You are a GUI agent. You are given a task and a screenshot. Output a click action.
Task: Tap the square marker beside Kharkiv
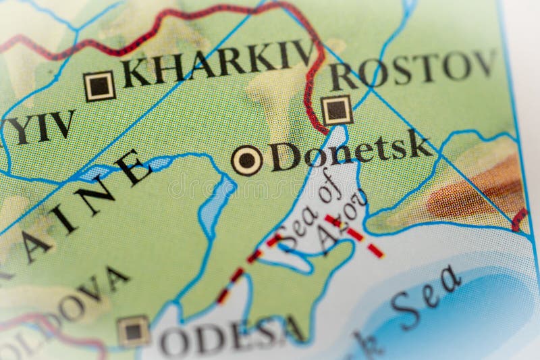(x=99, y=86)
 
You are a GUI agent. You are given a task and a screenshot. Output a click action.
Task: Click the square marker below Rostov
(x=336, y=109)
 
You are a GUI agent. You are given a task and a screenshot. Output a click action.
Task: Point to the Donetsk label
(x=350, y=151)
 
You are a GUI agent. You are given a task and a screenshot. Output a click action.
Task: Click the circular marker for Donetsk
(x=247, y=160)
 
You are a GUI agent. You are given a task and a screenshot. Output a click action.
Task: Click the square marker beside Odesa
(x=133, y=331)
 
